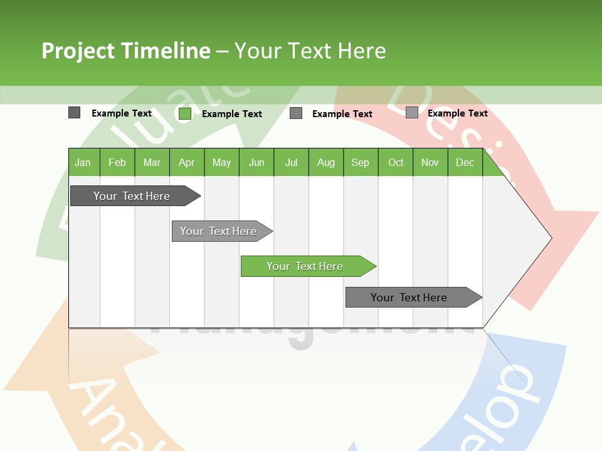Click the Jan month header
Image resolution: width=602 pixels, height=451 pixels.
coord(83,162)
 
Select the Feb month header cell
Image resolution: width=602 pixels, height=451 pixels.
coord(117,162)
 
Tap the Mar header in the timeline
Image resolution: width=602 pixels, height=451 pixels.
coord(152,162)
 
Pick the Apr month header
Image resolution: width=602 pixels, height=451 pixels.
coord(187,162)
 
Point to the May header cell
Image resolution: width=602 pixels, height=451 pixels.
coord(221,162)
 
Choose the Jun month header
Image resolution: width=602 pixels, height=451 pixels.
coord(256,162)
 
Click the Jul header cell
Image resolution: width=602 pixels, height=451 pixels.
coord(291,162)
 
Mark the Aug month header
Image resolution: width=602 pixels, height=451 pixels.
coord(326,162)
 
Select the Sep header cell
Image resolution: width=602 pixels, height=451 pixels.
coord(361,162)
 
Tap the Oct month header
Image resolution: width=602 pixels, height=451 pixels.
coord(396,162)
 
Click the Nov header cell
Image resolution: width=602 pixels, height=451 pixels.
coord(430,162)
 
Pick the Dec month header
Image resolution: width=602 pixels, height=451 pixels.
coord(465,162)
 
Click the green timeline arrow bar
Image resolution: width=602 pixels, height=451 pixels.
coord(305,266)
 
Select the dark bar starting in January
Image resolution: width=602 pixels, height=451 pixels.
coord(132,196)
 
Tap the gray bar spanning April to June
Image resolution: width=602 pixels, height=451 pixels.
coord(219,231)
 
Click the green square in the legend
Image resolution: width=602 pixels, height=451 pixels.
coord(185,113)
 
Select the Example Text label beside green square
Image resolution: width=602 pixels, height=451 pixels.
coord(232,114)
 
